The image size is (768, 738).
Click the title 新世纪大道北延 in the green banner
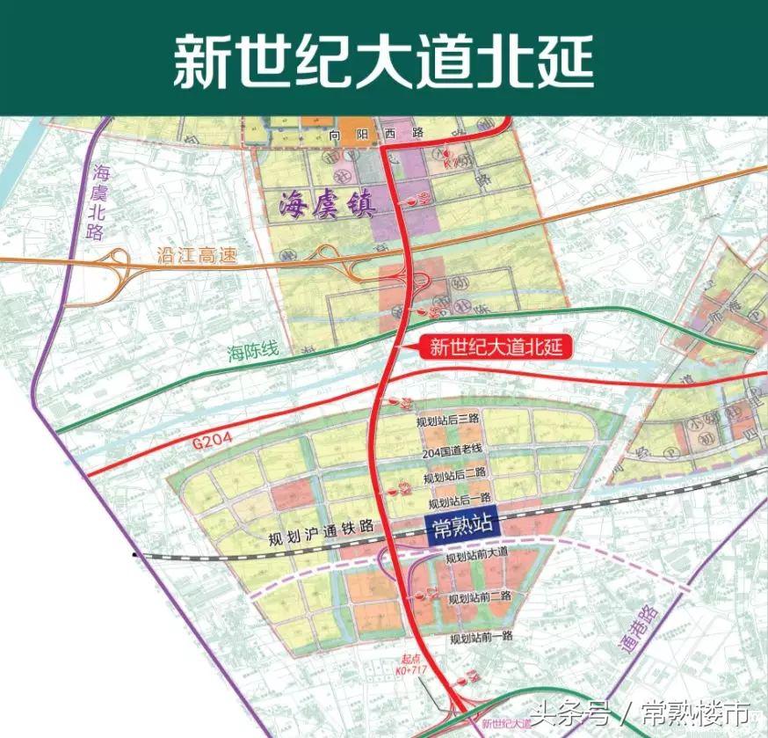tap(383, 59)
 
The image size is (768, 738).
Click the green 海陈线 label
tap(252, 352)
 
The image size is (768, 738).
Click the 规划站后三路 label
tap(449, 424)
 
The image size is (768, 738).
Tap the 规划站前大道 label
tap(476, 557)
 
